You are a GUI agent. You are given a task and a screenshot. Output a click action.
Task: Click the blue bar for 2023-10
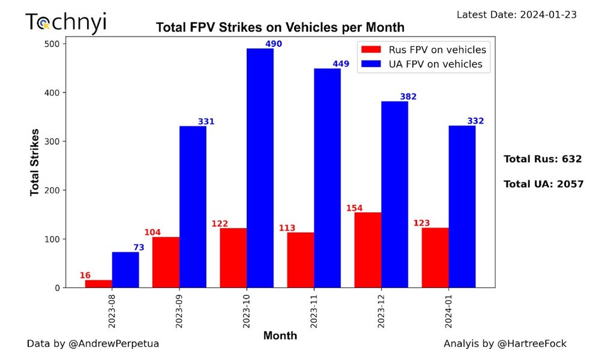260,168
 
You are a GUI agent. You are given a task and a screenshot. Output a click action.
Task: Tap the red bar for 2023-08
98,283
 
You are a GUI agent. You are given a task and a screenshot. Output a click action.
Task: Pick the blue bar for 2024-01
462,206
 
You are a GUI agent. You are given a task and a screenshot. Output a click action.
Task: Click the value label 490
273,44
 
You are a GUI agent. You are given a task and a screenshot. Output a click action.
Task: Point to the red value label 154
355,208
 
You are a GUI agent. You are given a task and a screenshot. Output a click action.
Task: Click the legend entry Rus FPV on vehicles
423,50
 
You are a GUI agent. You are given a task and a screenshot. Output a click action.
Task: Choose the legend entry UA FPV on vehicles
423,64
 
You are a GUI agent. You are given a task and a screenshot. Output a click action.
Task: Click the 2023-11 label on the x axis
314,311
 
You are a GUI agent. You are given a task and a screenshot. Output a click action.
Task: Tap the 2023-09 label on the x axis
179,311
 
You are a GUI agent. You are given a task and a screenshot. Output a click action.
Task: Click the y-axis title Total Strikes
35,162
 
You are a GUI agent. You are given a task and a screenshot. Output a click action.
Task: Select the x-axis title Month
280,335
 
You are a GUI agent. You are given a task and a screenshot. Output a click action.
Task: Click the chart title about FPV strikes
280,28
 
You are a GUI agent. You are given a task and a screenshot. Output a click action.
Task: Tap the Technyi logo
65,22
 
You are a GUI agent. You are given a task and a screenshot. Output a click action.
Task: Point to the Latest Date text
517,14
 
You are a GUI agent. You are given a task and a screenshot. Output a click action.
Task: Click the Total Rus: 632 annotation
543,159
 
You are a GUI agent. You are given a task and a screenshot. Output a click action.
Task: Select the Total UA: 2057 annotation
543,184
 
